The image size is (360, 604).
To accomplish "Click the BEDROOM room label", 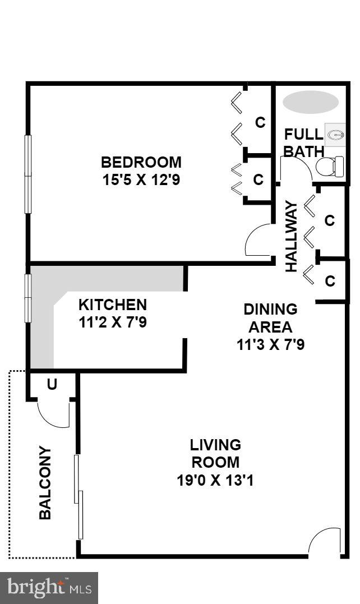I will pos(141,162).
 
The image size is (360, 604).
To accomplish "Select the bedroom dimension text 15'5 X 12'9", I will pos(141,180).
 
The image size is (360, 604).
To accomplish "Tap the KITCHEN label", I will pos(112,305).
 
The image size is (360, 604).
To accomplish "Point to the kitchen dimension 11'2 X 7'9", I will pos(112,323).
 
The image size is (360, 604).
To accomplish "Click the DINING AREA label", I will pos(270,317).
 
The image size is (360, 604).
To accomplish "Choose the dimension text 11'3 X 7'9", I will pos(270,344).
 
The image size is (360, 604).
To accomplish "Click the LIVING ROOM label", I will pos(215,454).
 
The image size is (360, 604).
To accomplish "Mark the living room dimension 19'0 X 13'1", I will pos(215,481).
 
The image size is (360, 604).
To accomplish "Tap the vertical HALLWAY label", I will pos(291,237).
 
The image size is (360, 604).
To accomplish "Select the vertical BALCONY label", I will pos(45,482).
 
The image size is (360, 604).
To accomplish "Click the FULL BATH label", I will pos(303,143).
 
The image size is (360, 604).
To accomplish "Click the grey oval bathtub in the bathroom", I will pos(310,102).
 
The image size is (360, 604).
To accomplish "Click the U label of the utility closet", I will pos(52,385).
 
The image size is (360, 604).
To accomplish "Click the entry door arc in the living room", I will pos(324,543).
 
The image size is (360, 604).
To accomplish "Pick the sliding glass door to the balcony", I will pos(79,496).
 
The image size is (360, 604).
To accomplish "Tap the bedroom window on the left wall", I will pos(27,174).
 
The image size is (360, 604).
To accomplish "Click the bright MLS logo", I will pos(49,588).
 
